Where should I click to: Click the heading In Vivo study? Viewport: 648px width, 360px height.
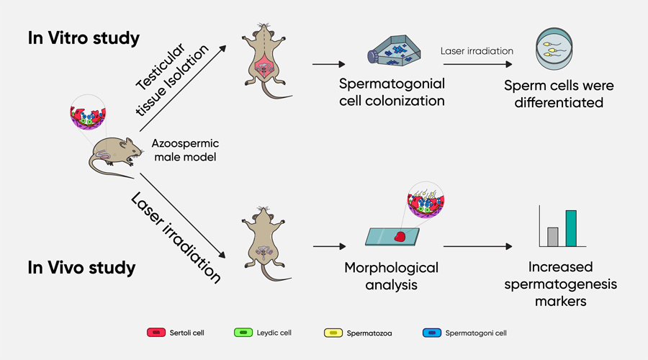coord(81,269)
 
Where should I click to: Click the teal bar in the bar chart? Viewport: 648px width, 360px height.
coord(571,228)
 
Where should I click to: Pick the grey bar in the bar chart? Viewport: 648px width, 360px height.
coord(553,237)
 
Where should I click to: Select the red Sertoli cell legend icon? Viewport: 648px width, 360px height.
coord(156,333)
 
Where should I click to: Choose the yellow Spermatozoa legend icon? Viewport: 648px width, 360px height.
coord(333,333)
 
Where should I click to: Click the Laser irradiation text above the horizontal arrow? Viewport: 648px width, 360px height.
coord(477,51)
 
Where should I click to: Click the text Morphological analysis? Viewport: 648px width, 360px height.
coord(392,276)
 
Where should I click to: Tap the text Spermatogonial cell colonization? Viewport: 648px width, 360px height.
coord(392,92)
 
